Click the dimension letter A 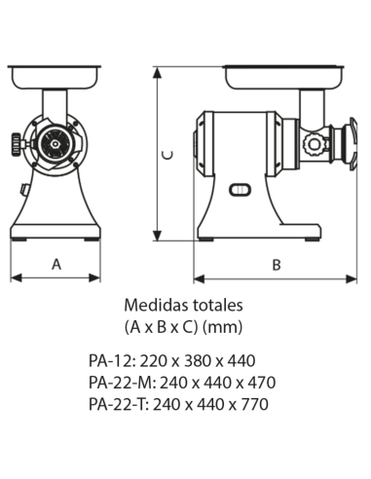pos(56,264)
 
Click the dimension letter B pos(277,265)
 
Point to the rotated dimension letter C pos(167,155)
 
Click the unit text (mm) pos(223,327)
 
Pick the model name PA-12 pos(110,360)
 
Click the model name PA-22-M pos(121,383)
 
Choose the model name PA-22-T pos(117,404)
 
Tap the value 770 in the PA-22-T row pos(256,404)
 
